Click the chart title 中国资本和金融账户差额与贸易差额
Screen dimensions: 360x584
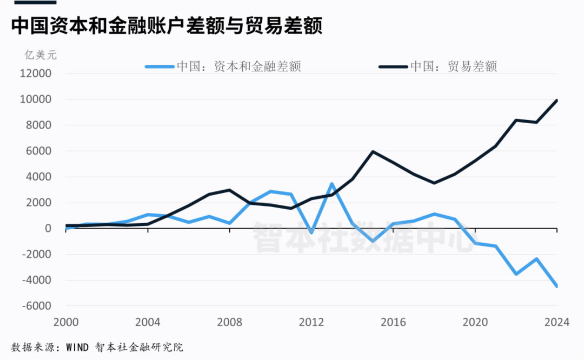(x=167, y=26)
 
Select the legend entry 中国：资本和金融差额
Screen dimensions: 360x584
(x=238, y=66)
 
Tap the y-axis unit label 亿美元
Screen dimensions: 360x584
(x=40, y=54)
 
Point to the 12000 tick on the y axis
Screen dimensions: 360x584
(x=35, y=74)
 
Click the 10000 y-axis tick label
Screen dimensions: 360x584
(x=35, y=99)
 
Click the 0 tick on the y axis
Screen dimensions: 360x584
(x=48, y=229)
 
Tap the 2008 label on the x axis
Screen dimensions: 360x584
(x=229, y=322)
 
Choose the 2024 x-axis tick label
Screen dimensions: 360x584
(x=557, y=322)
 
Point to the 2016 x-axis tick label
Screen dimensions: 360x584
(x=393, y=322)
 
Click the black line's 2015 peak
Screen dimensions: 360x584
(x=373, y=151)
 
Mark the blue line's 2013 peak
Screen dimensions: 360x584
(x=331, y=184)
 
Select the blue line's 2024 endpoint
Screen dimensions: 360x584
(x=556, y=286)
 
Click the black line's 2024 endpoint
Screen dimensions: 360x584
(x=556, y=101)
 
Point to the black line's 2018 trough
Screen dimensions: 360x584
(x=434, y=183)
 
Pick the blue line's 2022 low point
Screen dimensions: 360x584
(x=516, y=274)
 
